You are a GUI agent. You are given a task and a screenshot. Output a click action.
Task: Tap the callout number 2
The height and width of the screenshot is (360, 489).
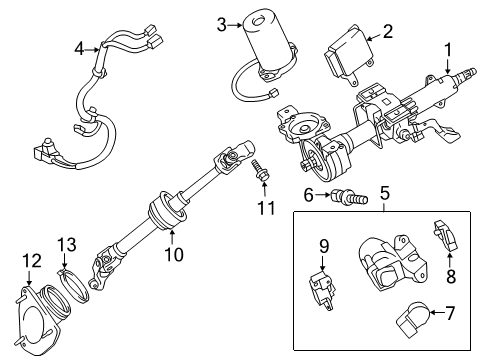click(387, 31)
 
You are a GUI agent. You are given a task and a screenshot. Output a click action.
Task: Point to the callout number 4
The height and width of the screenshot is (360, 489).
click(80, 46)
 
